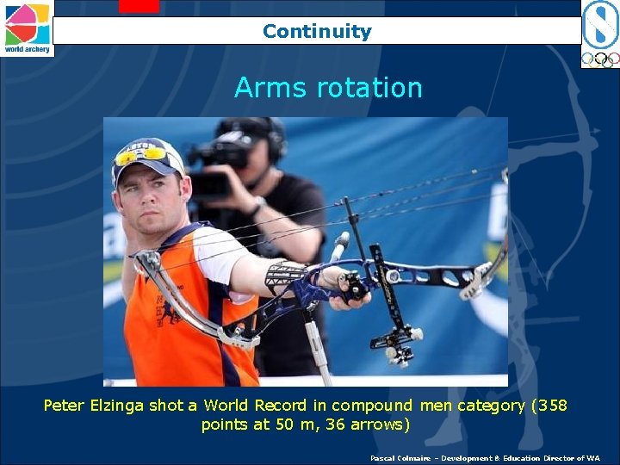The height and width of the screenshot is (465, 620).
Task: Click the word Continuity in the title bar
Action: (x=317, y=32)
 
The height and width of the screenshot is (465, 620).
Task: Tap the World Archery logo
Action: (x=27, y=28)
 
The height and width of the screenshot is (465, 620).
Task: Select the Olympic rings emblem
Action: (x=599, y=59)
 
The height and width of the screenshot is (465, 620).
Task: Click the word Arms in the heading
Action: (x=263, y=88)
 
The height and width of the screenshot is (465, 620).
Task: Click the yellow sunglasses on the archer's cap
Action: (x=141, y=156)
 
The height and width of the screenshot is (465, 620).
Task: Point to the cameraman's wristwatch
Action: (x=257, y=206)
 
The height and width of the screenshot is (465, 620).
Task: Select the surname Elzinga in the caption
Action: (x=126, y=405)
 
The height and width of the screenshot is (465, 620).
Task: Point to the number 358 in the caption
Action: (x=550, y=405)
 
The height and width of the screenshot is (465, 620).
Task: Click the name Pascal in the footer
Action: (x=384, y=458)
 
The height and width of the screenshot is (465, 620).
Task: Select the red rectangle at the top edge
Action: (x=139, y=6)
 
